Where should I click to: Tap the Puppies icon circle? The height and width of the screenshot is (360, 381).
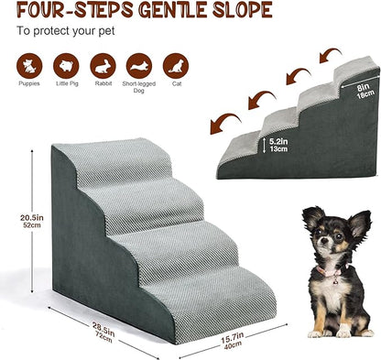click(29, 66)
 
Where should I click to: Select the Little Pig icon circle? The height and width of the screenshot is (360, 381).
click(66, 66)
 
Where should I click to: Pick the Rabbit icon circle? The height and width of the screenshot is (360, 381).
click(103, 66)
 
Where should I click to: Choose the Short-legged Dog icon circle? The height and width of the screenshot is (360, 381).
click(139, 66)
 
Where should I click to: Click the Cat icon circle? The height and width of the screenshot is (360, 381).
click(176, 66)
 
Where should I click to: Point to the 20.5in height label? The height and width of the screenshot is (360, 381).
click(32, 218)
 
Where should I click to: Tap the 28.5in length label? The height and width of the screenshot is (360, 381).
click(103, 328)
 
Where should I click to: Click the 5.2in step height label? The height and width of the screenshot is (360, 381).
click(278, 142)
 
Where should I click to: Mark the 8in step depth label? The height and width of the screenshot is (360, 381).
click(364, 88)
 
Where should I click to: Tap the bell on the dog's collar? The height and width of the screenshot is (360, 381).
click(335, 282)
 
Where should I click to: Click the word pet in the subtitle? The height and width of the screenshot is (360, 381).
click(107, 31)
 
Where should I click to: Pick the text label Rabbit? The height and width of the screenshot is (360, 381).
click(103, 83)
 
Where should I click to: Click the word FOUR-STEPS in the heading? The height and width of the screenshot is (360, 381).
click(75, 9)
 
